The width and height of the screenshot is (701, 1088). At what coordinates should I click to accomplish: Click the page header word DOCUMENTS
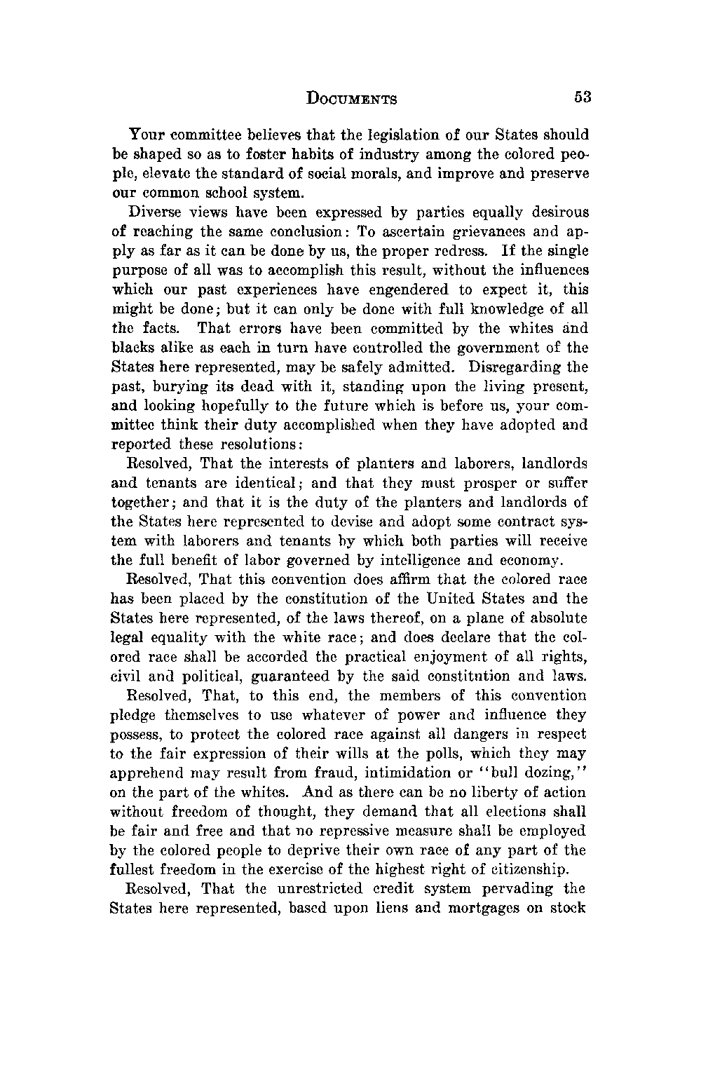point(353,99)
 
